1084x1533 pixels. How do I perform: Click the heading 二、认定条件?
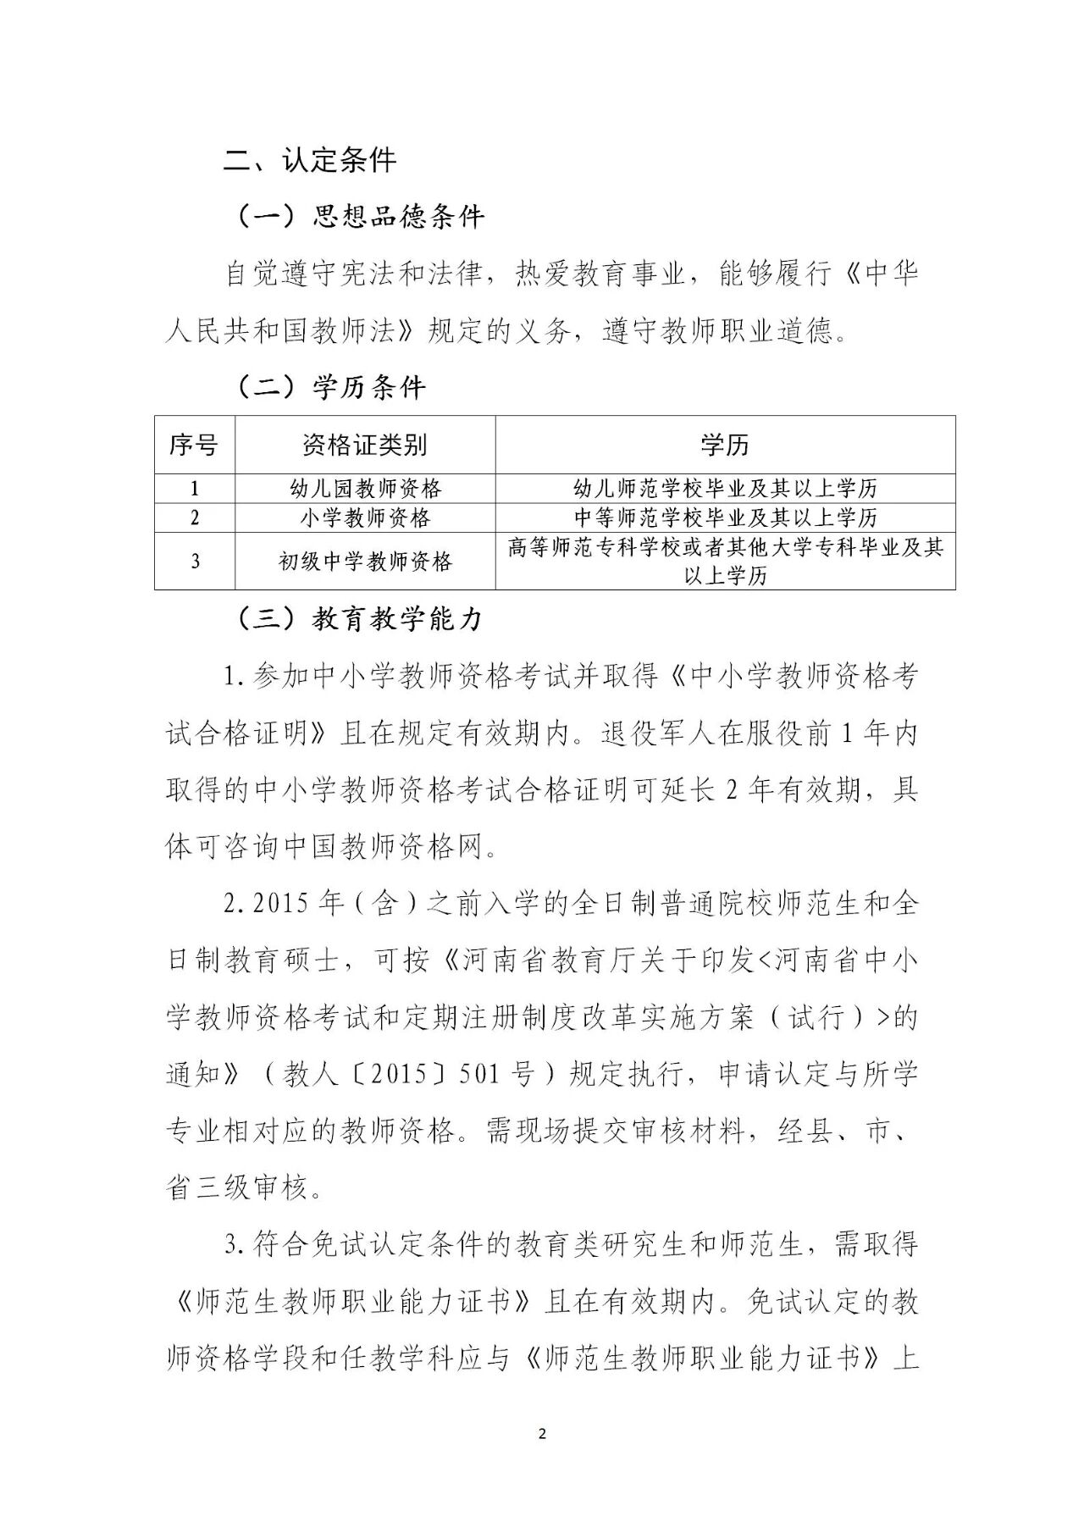tap(310, 159)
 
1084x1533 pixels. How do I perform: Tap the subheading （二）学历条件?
tap(328, 387)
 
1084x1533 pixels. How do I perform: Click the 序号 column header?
tap(194, 444)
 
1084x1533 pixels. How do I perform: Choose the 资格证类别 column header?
tap(364, 444)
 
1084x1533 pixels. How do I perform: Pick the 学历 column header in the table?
tap(724, 444)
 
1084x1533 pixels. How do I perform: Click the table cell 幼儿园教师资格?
tap(365, 489)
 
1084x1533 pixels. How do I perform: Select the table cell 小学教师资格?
tap(365, 517)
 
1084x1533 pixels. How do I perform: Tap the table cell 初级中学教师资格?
tap(365, 561)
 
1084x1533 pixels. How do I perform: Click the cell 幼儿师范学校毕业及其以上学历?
tap(725, 489)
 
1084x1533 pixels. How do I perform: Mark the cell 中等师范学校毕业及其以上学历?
tap(725, 517)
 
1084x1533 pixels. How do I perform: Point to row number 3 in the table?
tap(195, 561)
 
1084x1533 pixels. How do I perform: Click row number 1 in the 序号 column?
tap(195, 489)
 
